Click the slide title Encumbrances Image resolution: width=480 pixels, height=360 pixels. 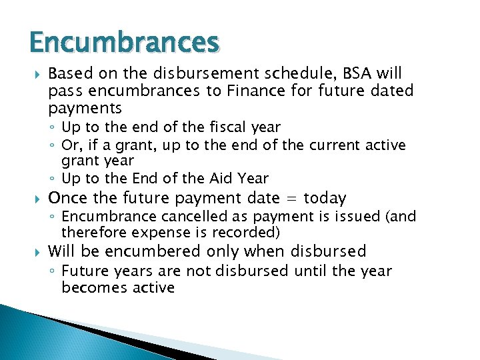(124, 43)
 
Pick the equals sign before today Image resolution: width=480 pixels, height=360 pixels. (290, 198)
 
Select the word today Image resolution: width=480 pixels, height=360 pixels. (325, 198)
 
